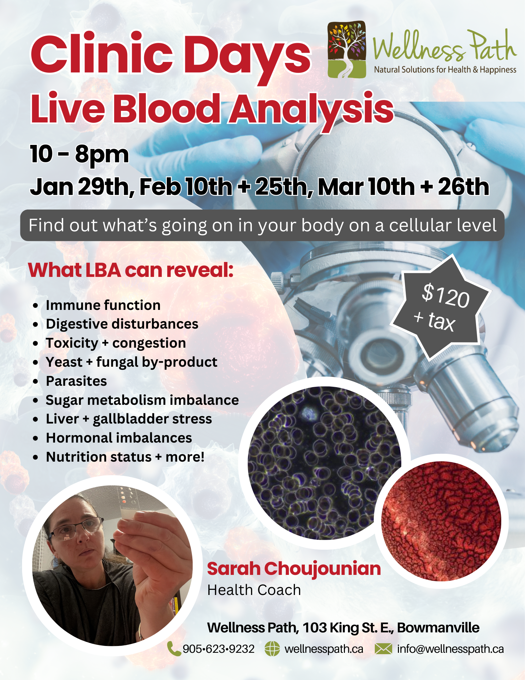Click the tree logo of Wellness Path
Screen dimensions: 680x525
pyautogui.click(x=347, y=49)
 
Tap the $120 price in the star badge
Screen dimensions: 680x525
pyautogui.click(x=446, y=295)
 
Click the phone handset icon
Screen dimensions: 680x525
pyautogui.click(x=174, y=649)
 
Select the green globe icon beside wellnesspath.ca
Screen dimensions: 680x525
pyautogui.click(x=272, y=649)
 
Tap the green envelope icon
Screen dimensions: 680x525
pyautogui.click(x=383, y=649)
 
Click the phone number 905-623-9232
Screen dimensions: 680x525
pyautogui.click(x=218, y=649)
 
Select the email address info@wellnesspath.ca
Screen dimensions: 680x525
pyautogui.click(x=450, y=649)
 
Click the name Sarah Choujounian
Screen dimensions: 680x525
pyautogui.click(x=294, y=569)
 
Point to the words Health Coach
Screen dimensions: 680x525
pyautogui.click(x=254, y=590)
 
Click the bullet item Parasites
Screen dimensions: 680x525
pyautogui.click(x=76, y=381)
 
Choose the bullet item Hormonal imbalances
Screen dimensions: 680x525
pyautogui.click(x=119, y=438)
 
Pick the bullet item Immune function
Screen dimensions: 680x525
pyautogui.click(x=103, y=305)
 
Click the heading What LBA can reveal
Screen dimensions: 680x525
pyautogui.click(x=131, y=270)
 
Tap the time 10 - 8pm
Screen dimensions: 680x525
pyautogui.click(x=80, y=154)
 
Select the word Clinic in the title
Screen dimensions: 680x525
pyautogui.click(x=102, y=54)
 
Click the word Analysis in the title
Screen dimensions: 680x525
pyautogui.click(x=311, y=109)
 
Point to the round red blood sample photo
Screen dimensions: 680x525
pyautogui.click(x=441, y=521)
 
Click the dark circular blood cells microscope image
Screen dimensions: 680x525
pyautogui.click(x=325, y=463)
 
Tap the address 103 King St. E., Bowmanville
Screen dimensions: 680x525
pyautogui.click(x=391, y=628)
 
